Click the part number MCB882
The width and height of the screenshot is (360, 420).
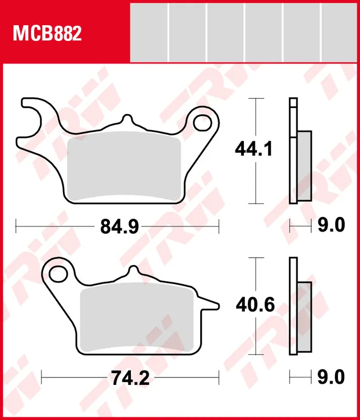point(47,34)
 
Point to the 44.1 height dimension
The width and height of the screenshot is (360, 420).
point(253,150)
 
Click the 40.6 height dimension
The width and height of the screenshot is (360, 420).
point(255,305)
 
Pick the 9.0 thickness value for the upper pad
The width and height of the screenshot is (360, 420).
point(331,226)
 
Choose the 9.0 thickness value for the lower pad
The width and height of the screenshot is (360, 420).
point(331,376)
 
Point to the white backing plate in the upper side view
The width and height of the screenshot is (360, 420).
point(293,152)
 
